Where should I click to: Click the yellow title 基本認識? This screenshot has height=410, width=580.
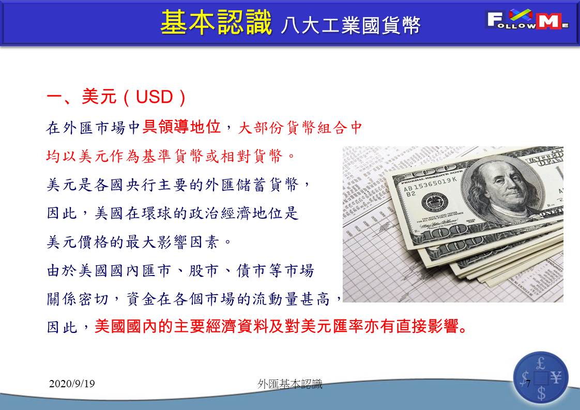(x=217, y=23)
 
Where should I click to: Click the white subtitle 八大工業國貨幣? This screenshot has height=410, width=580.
(x=350, y=25)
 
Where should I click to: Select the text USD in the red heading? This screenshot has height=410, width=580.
(x=154, y=97)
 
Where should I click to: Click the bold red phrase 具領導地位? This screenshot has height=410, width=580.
(x=181, y=127)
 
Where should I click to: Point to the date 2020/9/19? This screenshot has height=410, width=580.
(x=72, y=383)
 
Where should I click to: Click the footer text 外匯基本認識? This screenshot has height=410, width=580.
(x=290, y=384)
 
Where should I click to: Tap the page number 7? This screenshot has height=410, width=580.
(x=528, y=383)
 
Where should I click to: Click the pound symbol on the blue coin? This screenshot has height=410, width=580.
(x=541, y=363)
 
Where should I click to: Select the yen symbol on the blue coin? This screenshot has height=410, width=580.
(x=556, y=378)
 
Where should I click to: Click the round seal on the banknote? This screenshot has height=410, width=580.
(x=435, y=203)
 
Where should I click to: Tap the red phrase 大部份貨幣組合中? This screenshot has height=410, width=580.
(x=300, y=128)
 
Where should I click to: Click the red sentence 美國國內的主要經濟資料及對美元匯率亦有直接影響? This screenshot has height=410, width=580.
(x=281, y=326)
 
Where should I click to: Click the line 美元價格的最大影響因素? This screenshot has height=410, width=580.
(x=139, y=242)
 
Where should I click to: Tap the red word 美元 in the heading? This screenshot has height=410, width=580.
(x=99, y=97)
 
